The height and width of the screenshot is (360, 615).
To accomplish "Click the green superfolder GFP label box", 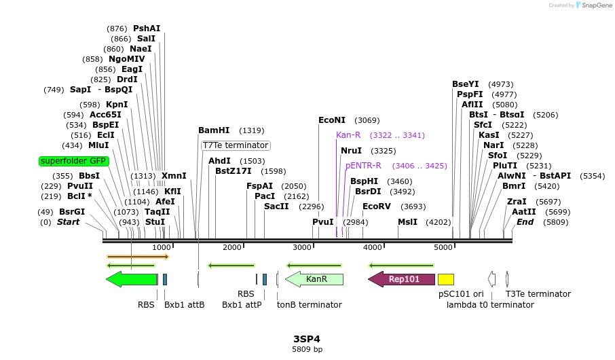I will [x=73, y=162].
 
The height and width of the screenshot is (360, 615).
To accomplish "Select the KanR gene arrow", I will [x=315, y=279].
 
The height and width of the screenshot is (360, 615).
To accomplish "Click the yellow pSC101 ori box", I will [x=446, y=279].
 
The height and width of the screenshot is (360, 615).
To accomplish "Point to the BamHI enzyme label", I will [x=214, y=130].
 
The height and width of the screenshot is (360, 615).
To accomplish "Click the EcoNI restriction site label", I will [x=332, y=120].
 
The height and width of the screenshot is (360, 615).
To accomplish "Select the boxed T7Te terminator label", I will [x=236, y=145].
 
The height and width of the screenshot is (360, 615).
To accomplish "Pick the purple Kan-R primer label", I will [x=348, y=135].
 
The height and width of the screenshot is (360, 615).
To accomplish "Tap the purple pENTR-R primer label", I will [x=363, y=166].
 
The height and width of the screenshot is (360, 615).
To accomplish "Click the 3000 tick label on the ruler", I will [x=302, y=247].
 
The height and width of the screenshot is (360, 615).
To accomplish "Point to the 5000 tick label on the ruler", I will [x=443, y=247].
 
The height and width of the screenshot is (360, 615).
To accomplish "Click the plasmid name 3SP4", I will [x=307, y=339].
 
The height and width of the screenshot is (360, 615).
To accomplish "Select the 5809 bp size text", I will [x=307, y=350].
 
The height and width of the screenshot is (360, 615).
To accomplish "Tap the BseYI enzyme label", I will [x=466, y=84].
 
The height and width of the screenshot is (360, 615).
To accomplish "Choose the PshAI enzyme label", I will [x=147, y=29].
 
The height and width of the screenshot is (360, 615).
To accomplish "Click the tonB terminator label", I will [x=310, y=305].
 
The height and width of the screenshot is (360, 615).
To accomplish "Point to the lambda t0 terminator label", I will [x=490, y=305].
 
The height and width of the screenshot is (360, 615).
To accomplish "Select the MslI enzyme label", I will [x=408, y=222].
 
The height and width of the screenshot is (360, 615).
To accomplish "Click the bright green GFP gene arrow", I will [x=132, y=279].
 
